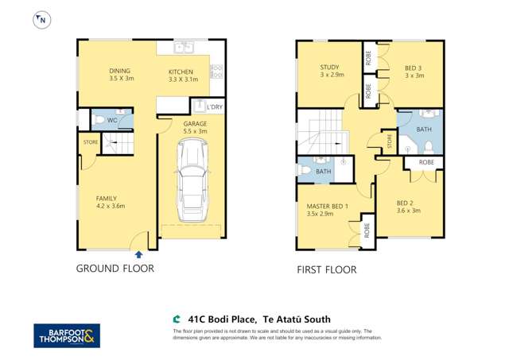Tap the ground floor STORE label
[x=90, y=142]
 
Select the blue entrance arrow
[x=139, y=254]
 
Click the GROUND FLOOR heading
[x=115, y=269]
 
